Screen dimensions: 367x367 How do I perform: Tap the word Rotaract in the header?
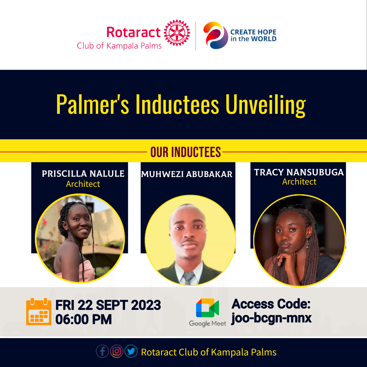[134, 32]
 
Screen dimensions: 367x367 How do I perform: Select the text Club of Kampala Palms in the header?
[119, 46]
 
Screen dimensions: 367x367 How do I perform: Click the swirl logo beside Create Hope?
[215, 35]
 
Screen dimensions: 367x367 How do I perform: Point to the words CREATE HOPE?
[253, 32]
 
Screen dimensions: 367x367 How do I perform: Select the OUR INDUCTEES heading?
[186, 152]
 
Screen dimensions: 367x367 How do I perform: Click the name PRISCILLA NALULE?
[83, 174]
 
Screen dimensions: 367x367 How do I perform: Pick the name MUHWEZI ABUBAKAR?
[187, 174]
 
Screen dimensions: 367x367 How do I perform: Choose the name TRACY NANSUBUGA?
[299, 172]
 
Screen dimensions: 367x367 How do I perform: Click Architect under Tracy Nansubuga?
[299, 182]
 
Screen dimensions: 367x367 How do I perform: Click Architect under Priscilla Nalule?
[83, 184]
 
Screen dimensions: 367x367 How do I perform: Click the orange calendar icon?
[39, 312]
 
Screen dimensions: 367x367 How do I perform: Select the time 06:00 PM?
[84, 319]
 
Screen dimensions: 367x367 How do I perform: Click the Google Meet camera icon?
[207, 308]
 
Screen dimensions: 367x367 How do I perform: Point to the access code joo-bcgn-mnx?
[271, 318]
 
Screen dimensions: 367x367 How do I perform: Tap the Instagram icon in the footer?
[117, 351]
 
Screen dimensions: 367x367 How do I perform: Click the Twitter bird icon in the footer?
[131, 351]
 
